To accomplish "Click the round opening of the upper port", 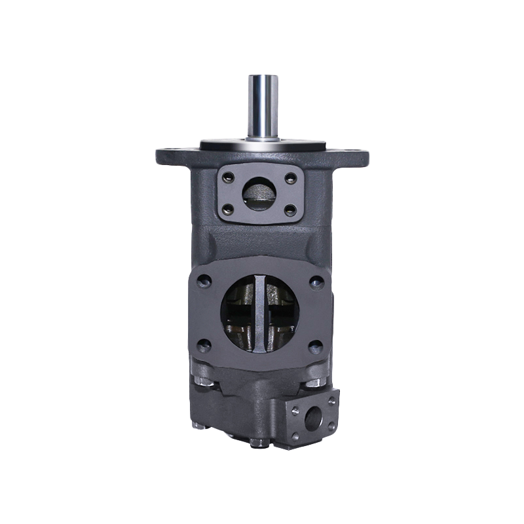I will [259, 193].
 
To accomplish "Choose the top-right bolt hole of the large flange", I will [317, 282].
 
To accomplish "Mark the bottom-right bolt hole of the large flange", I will [317, 345].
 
